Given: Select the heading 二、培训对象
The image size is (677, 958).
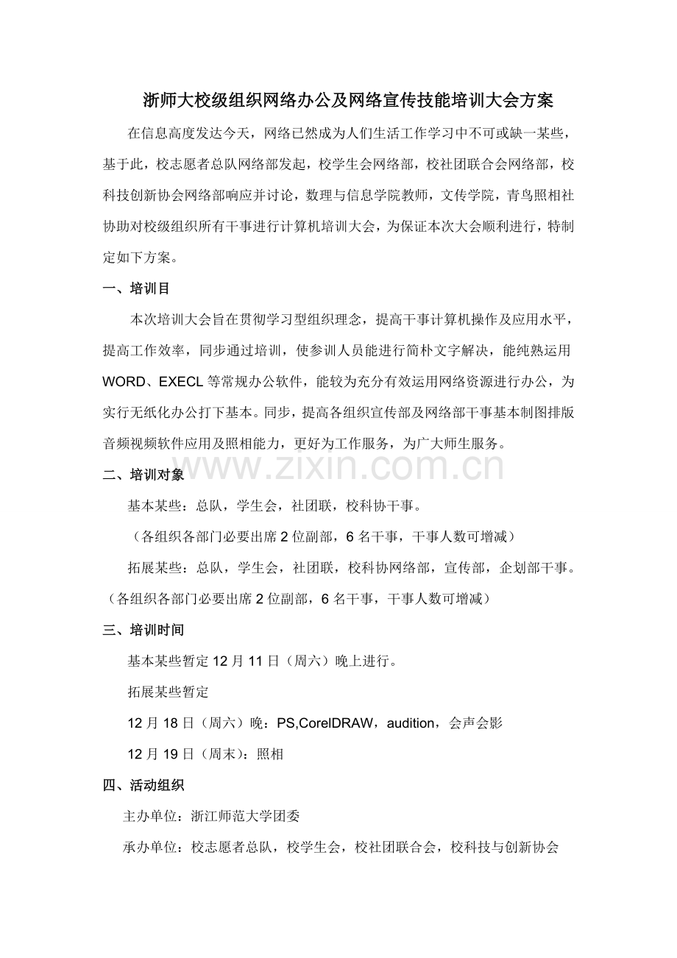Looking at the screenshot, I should tap(143, 475).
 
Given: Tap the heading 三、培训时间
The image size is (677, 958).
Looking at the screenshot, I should tap(143, 630).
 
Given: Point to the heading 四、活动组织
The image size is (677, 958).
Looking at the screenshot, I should tap(143, 785).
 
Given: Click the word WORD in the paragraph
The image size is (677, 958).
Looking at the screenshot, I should tap(128, 383).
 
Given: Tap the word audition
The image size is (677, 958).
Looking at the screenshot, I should tap(409, 723).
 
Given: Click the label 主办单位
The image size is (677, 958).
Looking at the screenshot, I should tap(149, 816).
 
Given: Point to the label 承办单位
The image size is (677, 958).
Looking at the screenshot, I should tap(149, 847).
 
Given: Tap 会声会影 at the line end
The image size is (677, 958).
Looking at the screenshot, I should tap(475, 723).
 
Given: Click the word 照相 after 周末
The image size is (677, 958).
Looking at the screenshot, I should tap(269, 754).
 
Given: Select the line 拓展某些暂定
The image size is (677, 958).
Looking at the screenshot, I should tap(169, 692).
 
